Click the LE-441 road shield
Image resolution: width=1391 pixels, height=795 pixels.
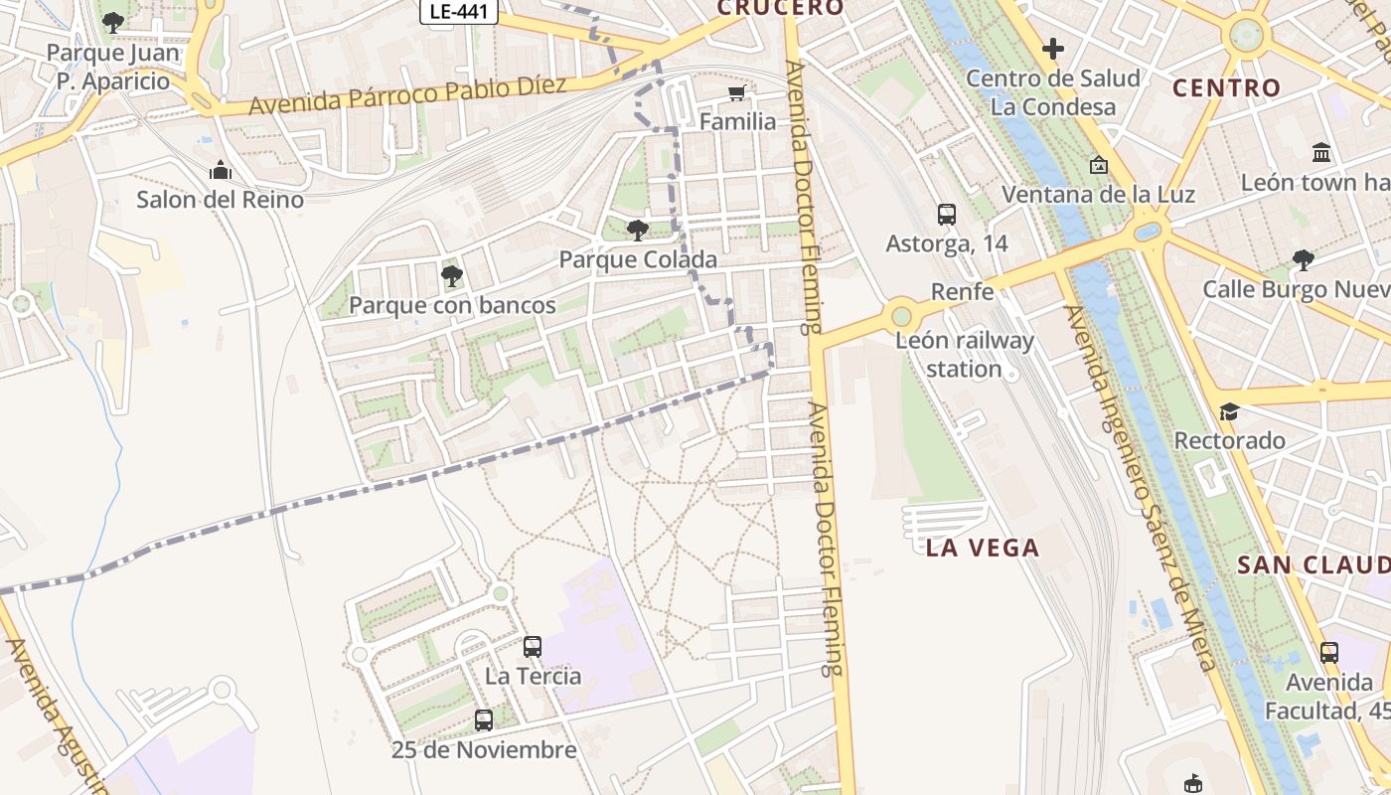pyautogui.click(x=458, y=11)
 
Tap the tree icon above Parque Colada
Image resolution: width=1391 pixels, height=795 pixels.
pyautogui.click(x=637, y=231)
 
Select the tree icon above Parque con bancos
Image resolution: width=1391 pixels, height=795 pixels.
pyautogui.click(x=451, y=275)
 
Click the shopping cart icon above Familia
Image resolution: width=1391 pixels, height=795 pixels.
pyautogui.click(x=736, y=93)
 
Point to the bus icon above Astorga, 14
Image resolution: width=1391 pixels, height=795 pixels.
pyautogui.click(x=946, y=214)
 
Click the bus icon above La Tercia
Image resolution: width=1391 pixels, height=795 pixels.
pyautogui.click(x=533, y=647)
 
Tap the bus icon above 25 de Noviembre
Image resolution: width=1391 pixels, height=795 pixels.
pyautogui.click(x=484, y=720)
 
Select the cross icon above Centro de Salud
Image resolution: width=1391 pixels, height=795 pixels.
pyautogui.click(x=1053, y=48)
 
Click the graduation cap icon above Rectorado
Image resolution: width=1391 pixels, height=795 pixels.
pyautogui.click(x=1229, y=411)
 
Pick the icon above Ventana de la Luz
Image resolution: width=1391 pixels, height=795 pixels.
pyautogui.click(x=1098, y=165)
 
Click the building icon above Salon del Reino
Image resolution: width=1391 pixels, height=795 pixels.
pyautogui.click(x=220, y=171)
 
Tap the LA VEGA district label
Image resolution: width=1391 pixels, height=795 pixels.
pyautogui.click(x=982, y=548)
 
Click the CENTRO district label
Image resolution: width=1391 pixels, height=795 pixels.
pyautogui.click(x=1226, y=88)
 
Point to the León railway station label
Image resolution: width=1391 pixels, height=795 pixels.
pyautogui.click(x=964, y=355)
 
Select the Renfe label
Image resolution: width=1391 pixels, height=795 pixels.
pyautogui.click(x=962, y=291)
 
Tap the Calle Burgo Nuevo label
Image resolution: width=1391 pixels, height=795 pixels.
pyautogui.click(x=1296, y=289)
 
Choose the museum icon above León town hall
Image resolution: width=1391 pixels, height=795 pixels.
pyautogui.click(x=1321, y=153)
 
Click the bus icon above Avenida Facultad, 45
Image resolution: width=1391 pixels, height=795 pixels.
pyautogui.click(x=1329, y=653)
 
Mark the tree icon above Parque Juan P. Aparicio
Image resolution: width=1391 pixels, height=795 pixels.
pyautogui.click(x=113, y=22)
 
